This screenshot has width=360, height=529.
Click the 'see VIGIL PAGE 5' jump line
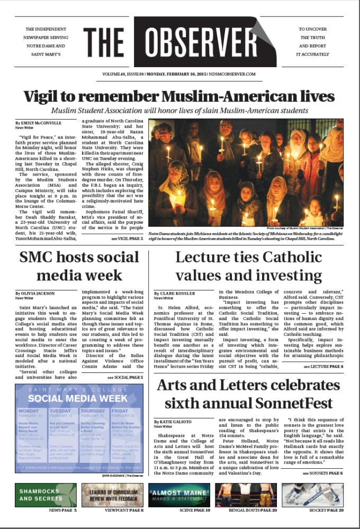pyautogui.click(x=127, y=240)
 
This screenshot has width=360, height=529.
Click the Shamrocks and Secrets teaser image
pyautogui.click(x=46, y=495)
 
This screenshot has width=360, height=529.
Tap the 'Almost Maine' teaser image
pyautogui.click(x=180, y=495)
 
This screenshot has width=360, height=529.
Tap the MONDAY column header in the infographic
pyautogui.click(x=28, y=411)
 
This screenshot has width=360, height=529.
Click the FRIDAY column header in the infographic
pyautogui.click(x=120, y=411)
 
